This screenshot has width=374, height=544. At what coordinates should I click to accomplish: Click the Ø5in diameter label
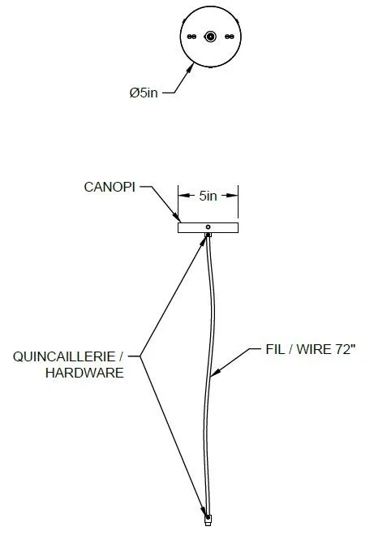click(x=144, y=93)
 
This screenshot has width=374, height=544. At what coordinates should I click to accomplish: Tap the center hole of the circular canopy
click(x=210, y=37)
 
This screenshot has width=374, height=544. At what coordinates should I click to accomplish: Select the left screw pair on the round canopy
click(x=191, y=37)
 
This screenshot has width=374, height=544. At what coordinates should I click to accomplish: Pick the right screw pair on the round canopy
click(x=230, y=37)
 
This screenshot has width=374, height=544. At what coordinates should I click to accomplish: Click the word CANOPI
click(x=110, y=187)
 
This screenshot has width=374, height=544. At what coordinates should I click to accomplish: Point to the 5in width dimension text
click(x=208, y=196)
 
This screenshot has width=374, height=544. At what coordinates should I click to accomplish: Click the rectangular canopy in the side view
click(x=208, y=227)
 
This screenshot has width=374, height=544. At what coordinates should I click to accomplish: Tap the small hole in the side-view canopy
click(x=208, y=227)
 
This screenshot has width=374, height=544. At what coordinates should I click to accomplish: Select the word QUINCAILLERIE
click(x=64, y=356)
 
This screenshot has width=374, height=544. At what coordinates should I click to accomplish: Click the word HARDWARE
click(x=84, y=373)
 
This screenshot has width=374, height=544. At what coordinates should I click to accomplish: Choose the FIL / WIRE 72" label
click(x=311, y=349)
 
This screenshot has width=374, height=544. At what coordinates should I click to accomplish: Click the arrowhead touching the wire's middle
click(x=215, y=372)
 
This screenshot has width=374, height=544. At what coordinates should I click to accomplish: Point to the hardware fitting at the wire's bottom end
click(x=208, y=520)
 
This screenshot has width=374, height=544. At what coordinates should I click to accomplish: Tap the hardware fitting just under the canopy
click(x=208, y=235)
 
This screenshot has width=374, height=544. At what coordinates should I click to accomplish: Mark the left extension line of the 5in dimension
click(x=178, y=204)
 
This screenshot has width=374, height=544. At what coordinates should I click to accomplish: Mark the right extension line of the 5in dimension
click(x=239, y=204)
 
